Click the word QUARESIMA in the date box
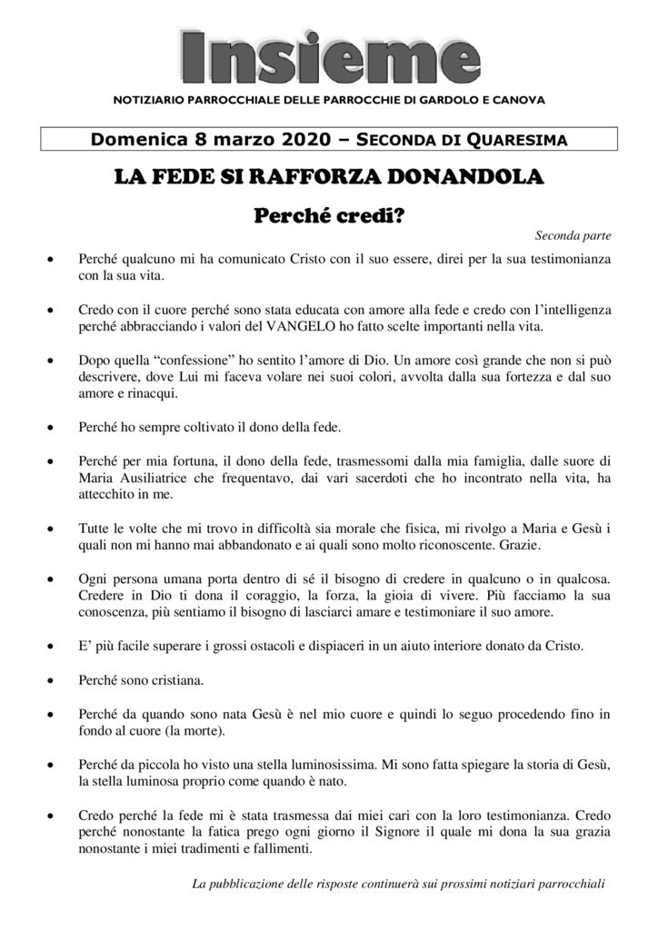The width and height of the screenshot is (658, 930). (517, 141)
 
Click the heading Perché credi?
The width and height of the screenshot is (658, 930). (328, 216)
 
